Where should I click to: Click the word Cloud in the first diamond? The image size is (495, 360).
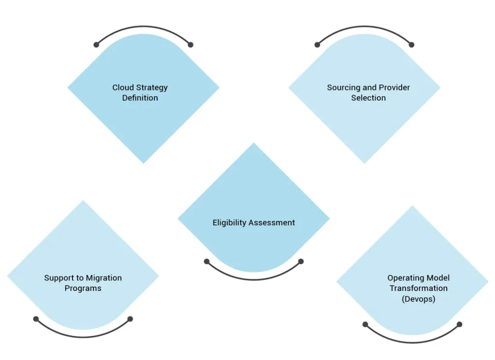pyautogui.click(x=123, y=87)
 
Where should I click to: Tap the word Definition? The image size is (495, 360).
pyautogui.click(x=140, y=98)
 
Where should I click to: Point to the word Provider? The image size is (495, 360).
pyautogui.click(x=394, y=87)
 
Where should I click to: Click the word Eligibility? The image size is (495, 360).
pyautogui.click(x=229, y=223)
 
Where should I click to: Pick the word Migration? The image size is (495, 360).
pyautogui.click(x=104, y=278)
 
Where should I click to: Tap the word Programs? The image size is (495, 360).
pyautogui.click(x=83, y=288)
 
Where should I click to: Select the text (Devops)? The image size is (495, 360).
pyautogui.click(x=419, y=299)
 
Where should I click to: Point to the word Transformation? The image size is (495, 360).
pyautogui.click(x=419, y=288)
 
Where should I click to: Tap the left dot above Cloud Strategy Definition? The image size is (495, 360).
pyautogui.click(x=96, y=45)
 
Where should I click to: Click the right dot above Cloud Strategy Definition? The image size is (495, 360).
pyautogui.click(x=190, y=45)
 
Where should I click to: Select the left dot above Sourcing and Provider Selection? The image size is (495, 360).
pyautogui.click(x=317, y=45)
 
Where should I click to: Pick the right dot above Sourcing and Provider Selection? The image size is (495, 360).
pyautogui.click(x=411, y=45)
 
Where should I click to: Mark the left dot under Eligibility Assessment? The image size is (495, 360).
pyautogui.click(x=206, y=261)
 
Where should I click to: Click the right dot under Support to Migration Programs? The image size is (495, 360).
pyautogui.click(x=130, y=319)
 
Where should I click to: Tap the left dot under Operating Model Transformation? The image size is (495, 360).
pyautogui.click(x=365, y=324)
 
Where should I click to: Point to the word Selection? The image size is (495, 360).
pyautogui.click(x=368, y=98)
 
